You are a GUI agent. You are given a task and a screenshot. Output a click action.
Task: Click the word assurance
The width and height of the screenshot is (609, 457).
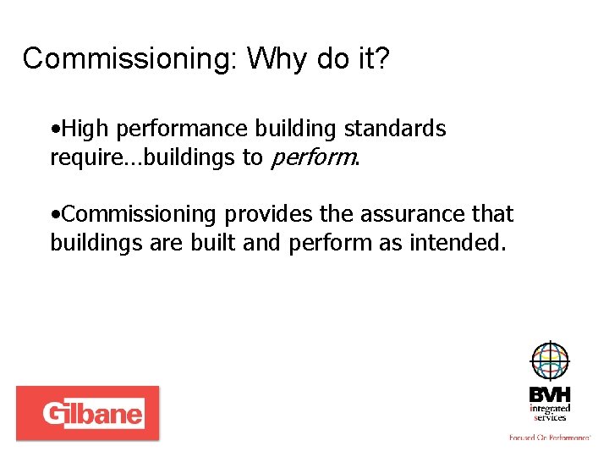tap(402, 215)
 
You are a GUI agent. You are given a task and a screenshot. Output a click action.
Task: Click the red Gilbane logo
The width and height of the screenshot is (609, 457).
tap(87, 413)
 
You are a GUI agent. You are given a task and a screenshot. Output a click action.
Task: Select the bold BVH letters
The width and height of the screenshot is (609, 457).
tap(550, 394)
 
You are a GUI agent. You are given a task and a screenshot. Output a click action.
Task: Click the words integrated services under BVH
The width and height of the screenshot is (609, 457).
tap(550, 412)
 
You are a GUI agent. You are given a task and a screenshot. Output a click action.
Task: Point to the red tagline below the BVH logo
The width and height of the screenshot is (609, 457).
tap(550, 438)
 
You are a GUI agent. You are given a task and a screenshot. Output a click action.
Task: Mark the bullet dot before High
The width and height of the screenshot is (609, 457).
tap(54, 129)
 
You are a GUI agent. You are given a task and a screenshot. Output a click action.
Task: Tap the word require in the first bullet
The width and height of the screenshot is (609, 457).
tap(80, 158)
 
